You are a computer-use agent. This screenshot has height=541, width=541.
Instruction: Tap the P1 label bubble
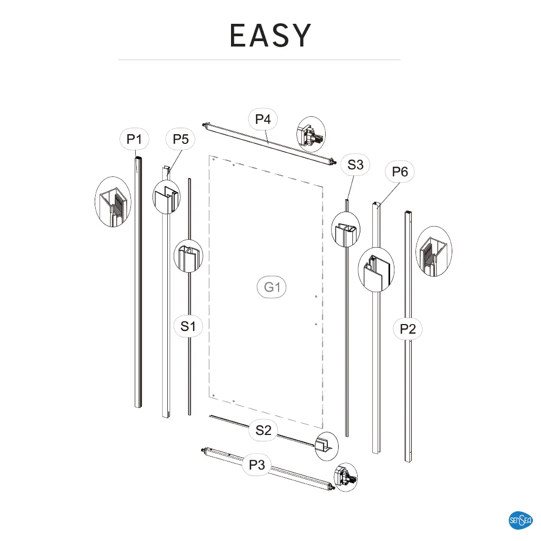[x=134, y=140]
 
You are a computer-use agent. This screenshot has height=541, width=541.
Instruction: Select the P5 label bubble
[x=180, y=140]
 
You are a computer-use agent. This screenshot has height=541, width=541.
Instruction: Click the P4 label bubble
[x=263, y=120]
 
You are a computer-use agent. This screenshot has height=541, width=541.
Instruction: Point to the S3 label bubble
[x=355, y=165]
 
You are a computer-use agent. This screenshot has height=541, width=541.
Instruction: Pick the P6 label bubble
[x=400, y=172]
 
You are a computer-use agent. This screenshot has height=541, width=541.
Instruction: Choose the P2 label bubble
[x=408, y=328]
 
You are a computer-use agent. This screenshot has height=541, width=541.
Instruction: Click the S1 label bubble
[x=188, y=326]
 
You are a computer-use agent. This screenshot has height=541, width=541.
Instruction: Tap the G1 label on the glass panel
[x=272, y=287]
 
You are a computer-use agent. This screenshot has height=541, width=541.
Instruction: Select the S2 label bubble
[x=263, y=431]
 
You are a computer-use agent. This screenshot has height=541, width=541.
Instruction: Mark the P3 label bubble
[x=257, y=465]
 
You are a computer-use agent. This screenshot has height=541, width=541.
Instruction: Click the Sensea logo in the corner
[x=521, y=521]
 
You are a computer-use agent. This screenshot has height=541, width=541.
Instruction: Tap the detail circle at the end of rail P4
[x=311, y=133]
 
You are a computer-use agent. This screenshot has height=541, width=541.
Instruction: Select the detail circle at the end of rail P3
[x=346, y=477]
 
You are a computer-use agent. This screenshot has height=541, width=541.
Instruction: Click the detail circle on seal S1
[x=188, y=256]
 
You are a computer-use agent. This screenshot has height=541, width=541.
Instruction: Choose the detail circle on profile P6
[x=376, y=269]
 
